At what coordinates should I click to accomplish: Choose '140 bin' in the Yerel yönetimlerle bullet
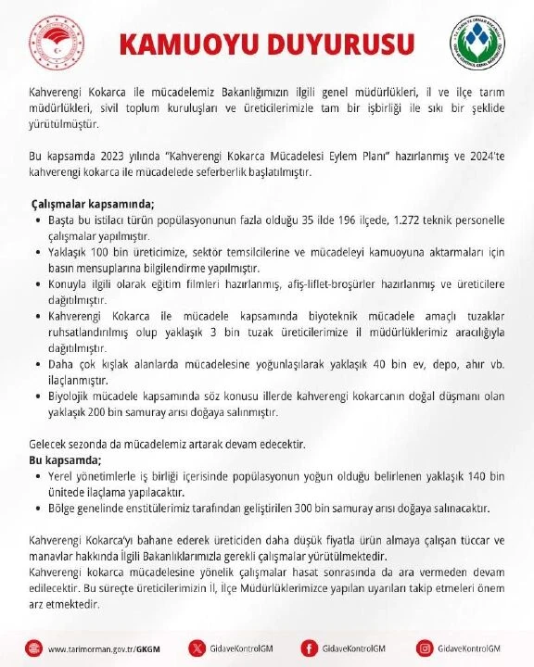[481, 475]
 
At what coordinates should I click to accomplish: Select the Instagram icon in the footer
[426, 648]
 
